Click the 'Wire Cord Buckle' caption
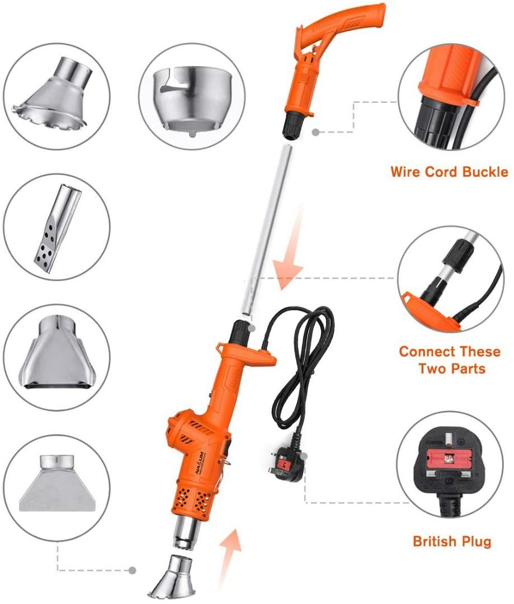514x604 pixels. click(x=449, y=172)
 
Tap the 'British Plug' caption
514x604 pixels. click(x=451, y=541)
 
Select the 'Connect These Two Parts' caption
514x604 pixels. click(x=449, y=360)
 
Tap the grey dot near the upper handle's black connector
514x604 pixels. click(x=315, y=133)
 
